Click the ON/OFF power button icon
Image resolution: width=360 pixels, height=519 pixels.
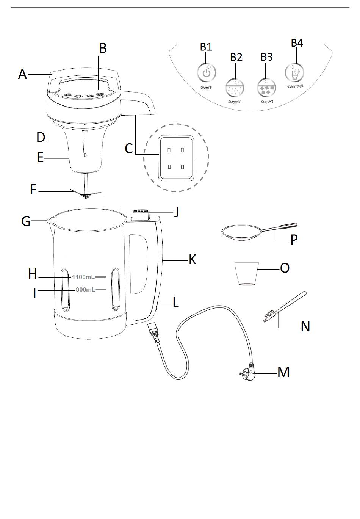pos(206,73)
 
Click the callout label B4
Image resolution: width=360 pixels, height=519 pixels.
pos(297,43)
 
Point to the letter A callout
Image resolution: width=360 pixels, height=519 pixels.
pos(23,74)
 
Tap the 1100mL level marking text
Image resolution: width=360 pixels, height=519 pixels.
pos(83,277)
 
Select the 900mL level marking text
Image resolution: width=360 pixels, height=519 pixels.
pos(85,290)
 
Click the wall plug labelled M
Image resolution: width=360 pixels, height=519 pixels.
pos(247,373)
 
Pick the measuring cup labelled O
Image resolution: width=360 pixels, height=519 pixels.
pos(245,274)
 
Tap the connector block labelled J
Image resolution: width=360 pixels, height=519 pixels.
pos(141,215)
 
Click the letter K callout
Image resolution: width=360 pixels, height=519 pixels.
pos(193,260)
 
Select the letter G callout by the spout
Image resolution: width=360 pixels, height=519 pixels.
pos(26,221)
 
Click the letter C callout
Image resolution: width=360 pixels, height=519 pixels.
pos(129,148)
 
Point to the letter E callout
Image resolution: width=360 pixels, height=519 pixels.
pos(40,157)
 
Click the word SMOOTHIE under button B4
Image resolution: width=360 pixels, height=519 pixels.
pos(295,87)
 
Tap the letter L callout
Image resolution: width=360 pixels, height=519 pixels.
pos(176,302)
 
